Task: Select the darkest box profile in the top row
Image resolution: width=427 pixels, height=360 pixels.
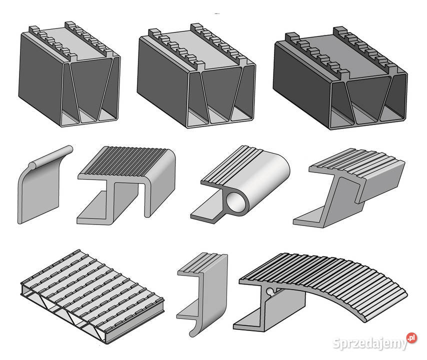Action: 340,80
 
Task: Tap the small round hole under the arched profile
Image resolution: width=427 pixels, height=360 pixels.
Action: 270,290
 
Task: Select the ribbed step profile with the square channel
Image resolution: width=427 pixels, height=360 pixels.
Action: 127,180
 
